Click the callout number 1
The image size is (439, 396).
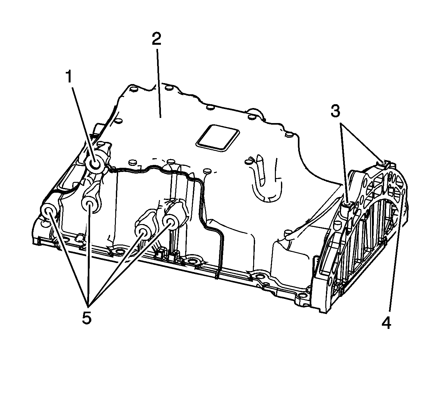coord(69,77)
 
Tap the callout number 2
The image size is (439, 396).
coord(157,39)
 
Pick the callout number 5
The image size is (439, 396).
coord(87,318)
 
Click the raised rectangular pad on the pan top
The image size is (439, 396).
coord(217,138)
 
